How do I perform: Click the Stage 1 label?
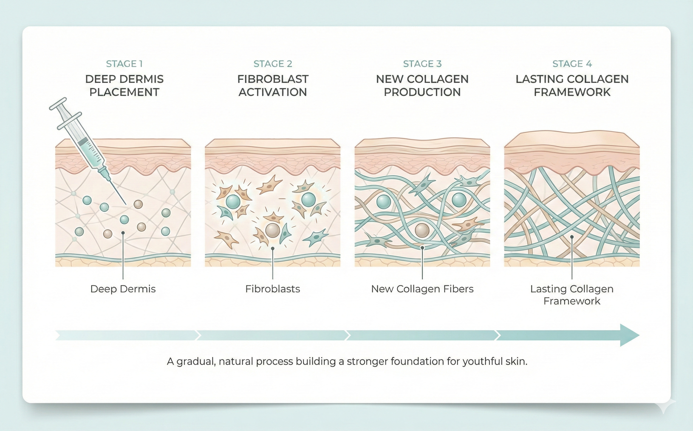pos(124,64)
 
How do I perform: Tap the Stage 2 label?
pos(273,64)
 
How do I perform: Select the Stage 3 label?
pos(422,64)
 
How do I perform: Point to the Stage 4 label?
pos(572,64)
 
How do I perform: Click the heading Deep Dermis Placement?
pos(124,86)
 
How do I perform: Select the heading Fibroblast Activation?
pos(273,86)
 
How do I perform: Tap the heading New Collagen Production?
pos(422,86)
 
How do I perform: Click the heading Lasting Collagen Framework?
pos(572,86)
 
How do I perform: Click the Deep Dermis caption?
pos(123,289)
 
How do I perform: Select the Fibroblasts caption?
pos(272,289)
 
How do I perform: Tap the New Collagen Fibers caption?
pos(422,289)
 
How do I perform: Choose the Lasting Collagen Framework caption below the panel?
pos(572,295)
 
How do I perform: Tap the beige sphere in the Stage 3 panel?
pos(422,230)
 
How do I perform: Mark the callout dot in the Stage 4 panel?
pos(572,237)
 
